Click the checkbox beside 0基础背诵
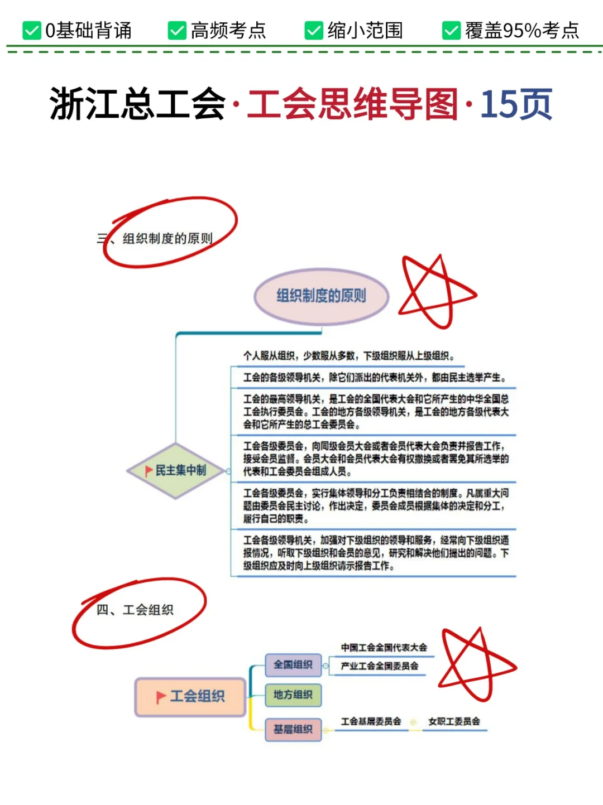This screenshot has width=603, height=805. tap(32, 31)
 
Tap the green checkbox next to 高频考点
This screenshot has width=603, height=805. tap(177, 31)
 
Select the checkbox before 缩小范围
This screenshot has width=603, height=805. tap(314, 31)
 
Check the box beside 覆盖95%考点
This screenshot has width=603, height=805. tap(451, 31)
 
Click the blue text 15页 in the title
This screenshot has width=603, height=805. tap(516, 104)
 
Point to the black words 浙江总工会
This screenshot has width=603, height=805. tap(137, 104)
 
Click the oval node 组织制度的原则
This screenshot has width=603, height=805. tap(321, 296)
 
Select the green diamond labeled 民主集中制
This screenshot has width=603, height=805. tap(176, 470)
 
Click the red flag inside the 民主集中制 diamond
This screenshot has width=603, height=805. tap(149, 471)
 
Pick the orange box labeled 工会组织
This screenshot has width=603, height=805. tap(190, 696)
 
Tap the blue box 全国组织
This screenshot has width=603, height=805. tap(293, 664)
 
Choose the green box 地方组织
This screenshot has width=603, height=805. tap(293, 695)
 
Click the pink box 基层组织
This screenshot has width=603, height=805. tap(293, 729)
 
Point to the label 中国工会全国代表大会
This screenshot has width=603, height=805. tap(384, 647)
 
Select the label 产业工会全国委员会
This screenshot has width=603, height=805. tap(380, 666)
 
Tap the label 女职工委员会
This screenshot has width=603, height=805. tap(454, 721)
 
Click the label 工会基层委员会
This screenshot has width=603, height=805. tap(371, 721)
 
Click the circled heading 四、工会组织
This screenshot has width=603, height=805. tap(135, 610)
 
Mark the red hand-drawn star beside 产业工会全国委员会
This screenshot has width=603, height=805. tap(475, 664)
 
